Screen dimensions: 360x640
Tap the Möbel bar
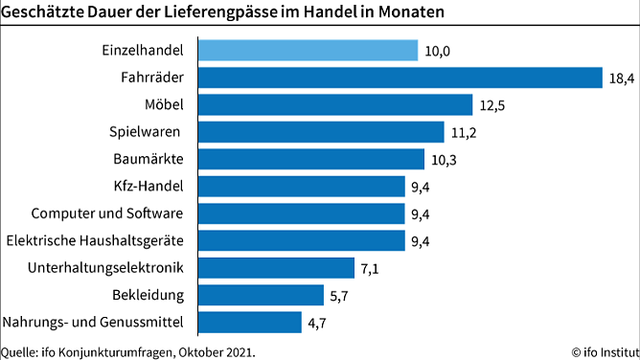point(336,103)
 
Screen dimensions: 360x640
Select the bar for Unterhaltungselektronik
point(277,267)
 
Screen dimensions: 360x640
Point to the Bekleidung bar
point(262,294)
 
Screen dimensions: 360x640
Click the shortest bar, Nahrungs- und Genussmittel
point(250,322)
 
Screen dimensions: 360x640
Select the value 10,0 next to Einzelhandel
point(438,50)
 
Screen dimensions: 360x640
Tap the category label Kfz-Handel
point(155,186)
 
